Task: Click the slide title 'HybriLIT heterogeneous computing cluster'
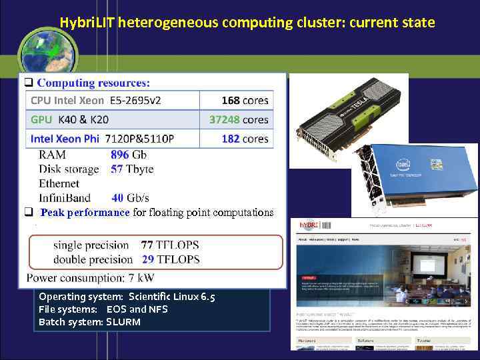pos(247,23)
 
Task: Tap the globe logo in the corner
pos(47,49)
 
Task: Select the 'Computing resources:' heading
pos(93,83)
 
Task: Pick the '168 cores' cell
pos(245,101)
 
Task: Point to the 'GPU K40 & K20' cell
pos(70,120)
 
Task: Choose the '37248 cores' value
pos(239,120)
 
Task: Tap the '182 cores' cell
pos(245,139)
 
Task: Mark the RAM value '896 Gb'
pos(129,154)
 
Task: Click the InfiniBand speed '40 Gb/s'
pos(130,197)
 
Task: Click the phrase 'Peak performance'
pos(85,213)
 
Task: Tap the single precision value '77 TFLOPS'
pos(170,245)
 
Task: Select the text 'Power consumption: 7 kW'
pos(90,277)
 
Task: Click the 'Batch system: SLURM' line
pos(89,322)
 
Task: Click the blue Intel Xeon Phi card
pos(413,177)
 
